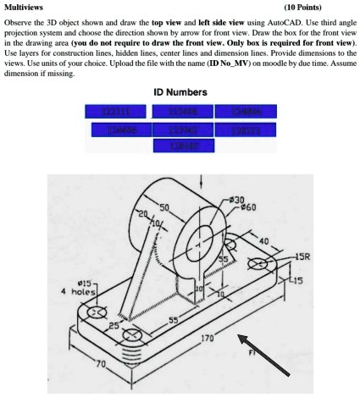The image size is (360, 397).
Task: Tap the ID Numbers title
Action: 180,91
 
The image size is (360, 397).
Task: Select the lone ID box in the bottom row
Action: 180,146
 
